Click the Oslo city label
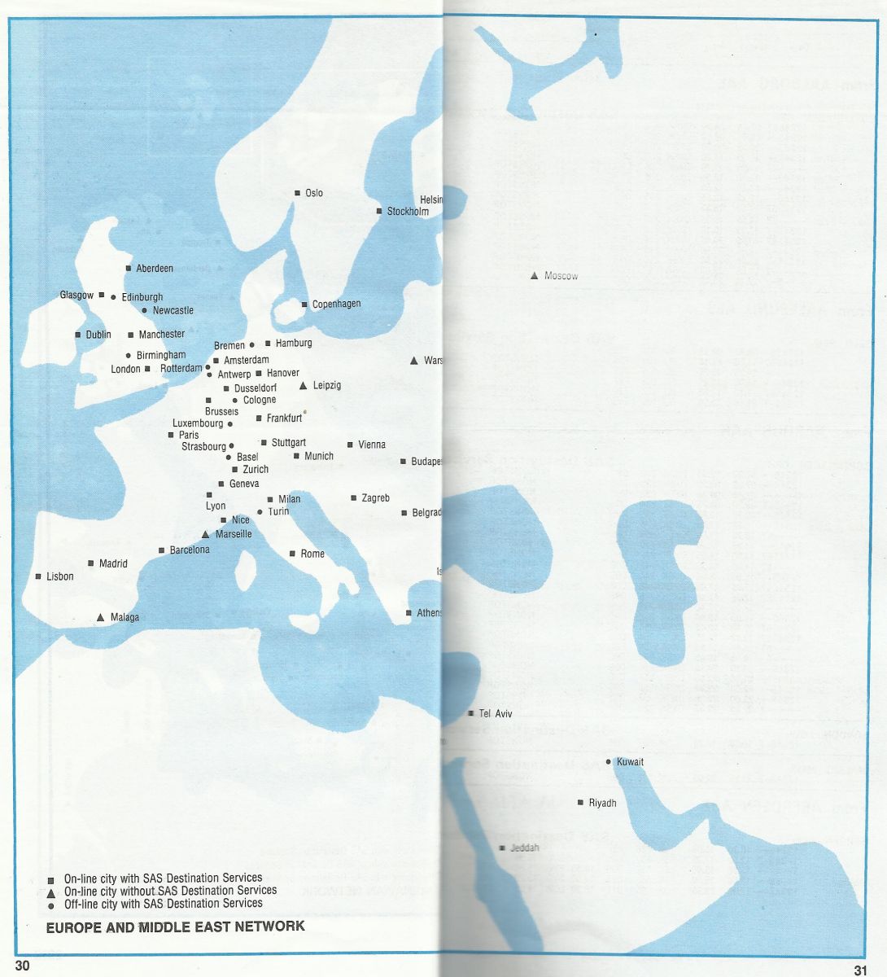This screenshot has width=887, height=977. click(314, 193)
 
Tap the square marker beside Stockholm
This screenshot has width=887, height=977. click(379, 211)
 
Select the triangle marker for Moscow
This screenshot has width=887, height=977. click(534, 276)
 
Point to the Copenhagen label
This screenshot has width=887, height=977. click(336, 304)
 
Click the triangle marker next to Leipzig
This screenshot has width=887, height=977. click(304, 385)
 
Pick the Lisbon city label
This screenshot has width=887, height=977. click(60, 576)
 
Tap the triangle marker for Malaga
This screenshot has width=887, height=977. click(100, 617)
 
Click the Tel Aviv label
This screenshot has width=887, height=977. click(496, 713)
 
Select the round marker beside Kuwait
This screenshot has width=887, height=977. click(609, 762)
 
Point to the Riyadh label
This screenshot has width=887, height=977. click(602, 803)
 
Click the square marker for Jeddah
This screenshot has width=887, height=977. click(502, 848)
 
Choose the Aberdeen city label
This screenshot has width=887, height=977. click(155, 268)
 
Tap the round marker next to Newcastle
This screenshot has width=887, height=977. click(144, 310)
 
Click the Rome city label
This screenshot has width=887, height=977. click(312, 554)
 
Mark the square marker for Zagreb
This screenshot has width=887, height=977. click(353, 497)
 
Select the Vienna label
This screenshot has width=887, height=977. click(372, 445)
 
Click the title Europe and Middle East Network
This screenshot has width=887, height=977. click(176, 927)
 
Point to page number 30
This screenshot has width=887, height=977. click(21, 966)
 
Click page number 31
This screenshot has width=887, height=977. click(861, 969)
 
